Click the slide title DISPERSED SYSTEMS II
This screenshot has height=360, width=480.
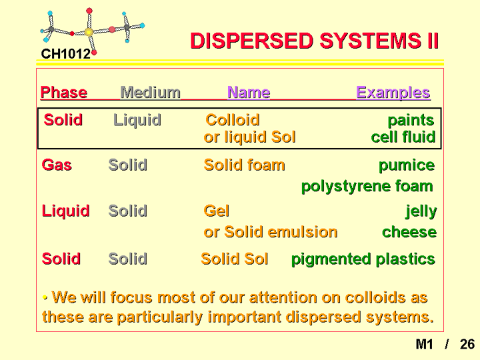[315, 41]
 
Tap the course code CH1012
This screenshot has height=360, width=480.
[66, 54]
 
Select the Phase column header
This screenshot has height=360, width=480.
[64, 92]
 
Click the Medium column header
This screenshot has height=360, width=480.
[150, 92]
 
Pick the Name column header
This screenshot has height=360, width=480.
[249, 92]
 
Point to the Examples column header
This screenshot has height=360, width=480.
[393, 93]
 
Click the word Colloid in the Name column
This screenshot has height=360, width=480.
[233, 120]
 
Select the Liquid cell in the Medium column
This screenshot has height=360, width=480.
[137, 120]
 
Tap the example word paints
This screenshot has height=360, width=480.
[411, 121]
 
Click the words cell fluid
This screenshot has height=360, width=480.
[403, 137]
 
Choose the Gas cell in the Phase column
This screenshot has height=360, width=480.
[57, 165]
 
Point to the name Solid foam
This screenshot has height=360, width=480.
[244, 165]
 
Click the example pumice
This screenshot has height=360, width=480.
[407, 166]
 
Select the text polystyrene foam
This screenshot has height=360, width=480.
[367, 187]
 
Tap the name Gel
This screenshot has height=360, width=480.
[217, 211]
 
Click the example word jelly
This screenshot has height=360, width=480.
[421, 211]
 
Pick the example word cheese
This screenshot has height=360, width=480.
[409, 232]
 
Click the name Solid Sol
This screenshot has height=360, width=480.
[235, 259]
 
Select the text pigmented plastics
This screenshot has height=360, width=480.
[363, 259]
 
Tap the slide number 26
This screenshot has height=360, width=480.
[467, 344]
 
